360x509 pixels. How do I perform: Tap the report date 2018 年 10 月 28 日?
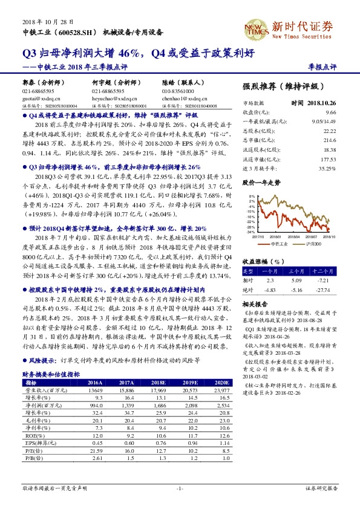tap(38, 20)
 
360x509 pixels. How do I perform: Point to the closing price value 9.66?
tap(330, 112)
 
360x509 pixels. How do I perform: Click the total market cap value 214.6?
tap(329, 138)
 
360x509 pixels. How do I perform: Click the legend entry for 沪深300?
tap(314, 243)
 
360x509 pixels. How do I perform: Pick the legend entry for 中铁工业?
tap(280, 243)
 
